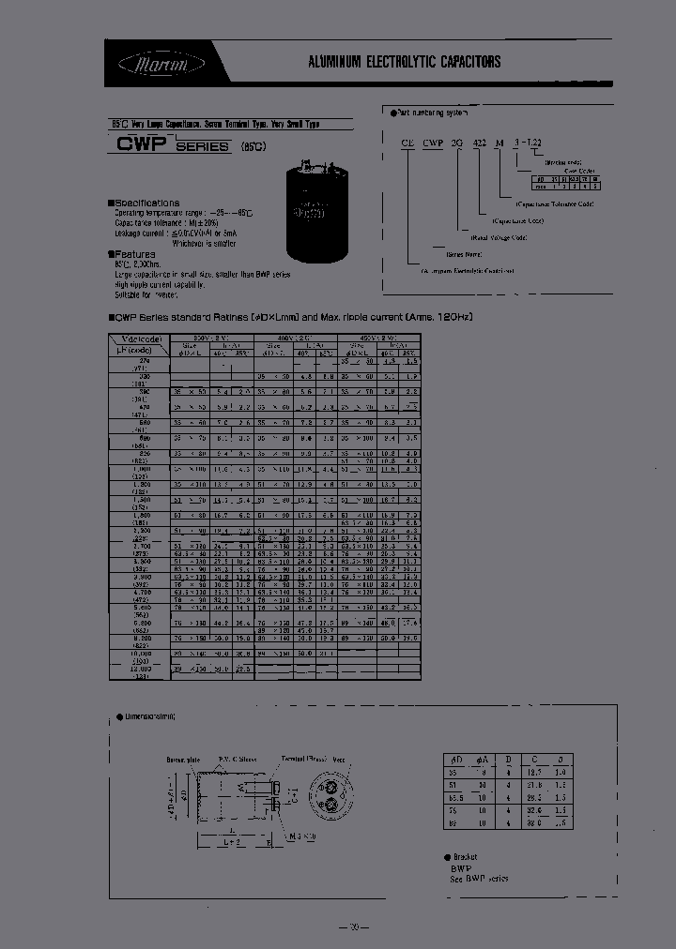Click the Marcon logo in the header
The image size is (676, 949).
click(148, 63)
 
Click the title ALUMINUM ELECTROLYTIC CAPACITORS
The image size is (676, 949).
click(405, 63)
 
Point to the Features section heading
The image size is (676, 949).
click(133, 254)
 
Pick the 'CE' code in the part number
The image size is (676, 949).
click(408, 146)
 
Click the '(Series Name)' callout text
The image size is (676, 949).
click(463, 253)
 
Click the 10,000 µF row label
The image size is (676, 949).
click(138, 655)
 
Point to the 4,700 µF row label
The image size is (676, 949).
click(138, 594)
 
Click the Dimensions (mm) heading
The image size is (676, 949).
click(150, 717)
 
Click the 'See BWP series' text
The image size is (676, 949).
click(479, 878)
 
